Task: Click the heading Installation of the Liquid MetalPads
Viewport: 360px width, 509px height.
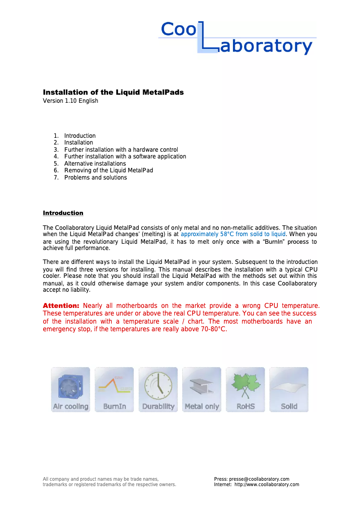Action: click(x=113, y=92)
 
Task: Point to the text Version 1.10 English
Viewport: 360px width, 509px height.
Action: click(x=70, y=101)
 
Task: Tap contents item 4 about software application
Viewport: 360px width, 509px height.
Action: click(x=125, y=157)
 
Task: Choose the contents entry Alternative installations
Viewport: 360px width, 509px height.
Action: click(x=95, y=163)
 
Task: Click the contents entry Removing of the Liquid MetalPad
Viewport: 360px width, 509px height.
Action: click(x=108, y=171)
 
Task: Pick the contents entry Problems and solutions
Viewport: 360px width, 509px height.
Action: click(x=95, y=178)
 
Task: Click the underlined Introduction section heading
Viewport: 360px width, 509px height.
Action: click(x=63, y=213)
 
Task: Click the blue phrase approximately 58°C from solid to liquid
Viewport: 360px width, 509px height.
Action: click(x=233, y=234)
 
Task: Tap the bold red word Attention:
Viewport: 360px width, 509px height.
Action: click(x=61, y=306)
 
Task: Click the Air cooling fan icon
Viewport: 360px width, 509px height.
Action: click(x=70, y=389)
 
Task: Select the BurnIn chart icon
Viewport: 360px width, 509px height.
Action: click(x=114, y=389)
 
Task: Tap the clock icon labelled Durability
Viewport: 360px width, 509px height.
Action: click(x=158, y=389)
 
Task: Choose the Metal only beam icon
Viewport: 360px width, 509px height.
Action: click(x=202, y=389)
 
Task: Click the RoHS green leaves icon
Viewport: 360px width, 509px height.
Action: click(x=245, y=389)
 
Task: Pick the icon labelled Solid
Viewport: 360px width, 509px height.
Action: click(x=289, y=389)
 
